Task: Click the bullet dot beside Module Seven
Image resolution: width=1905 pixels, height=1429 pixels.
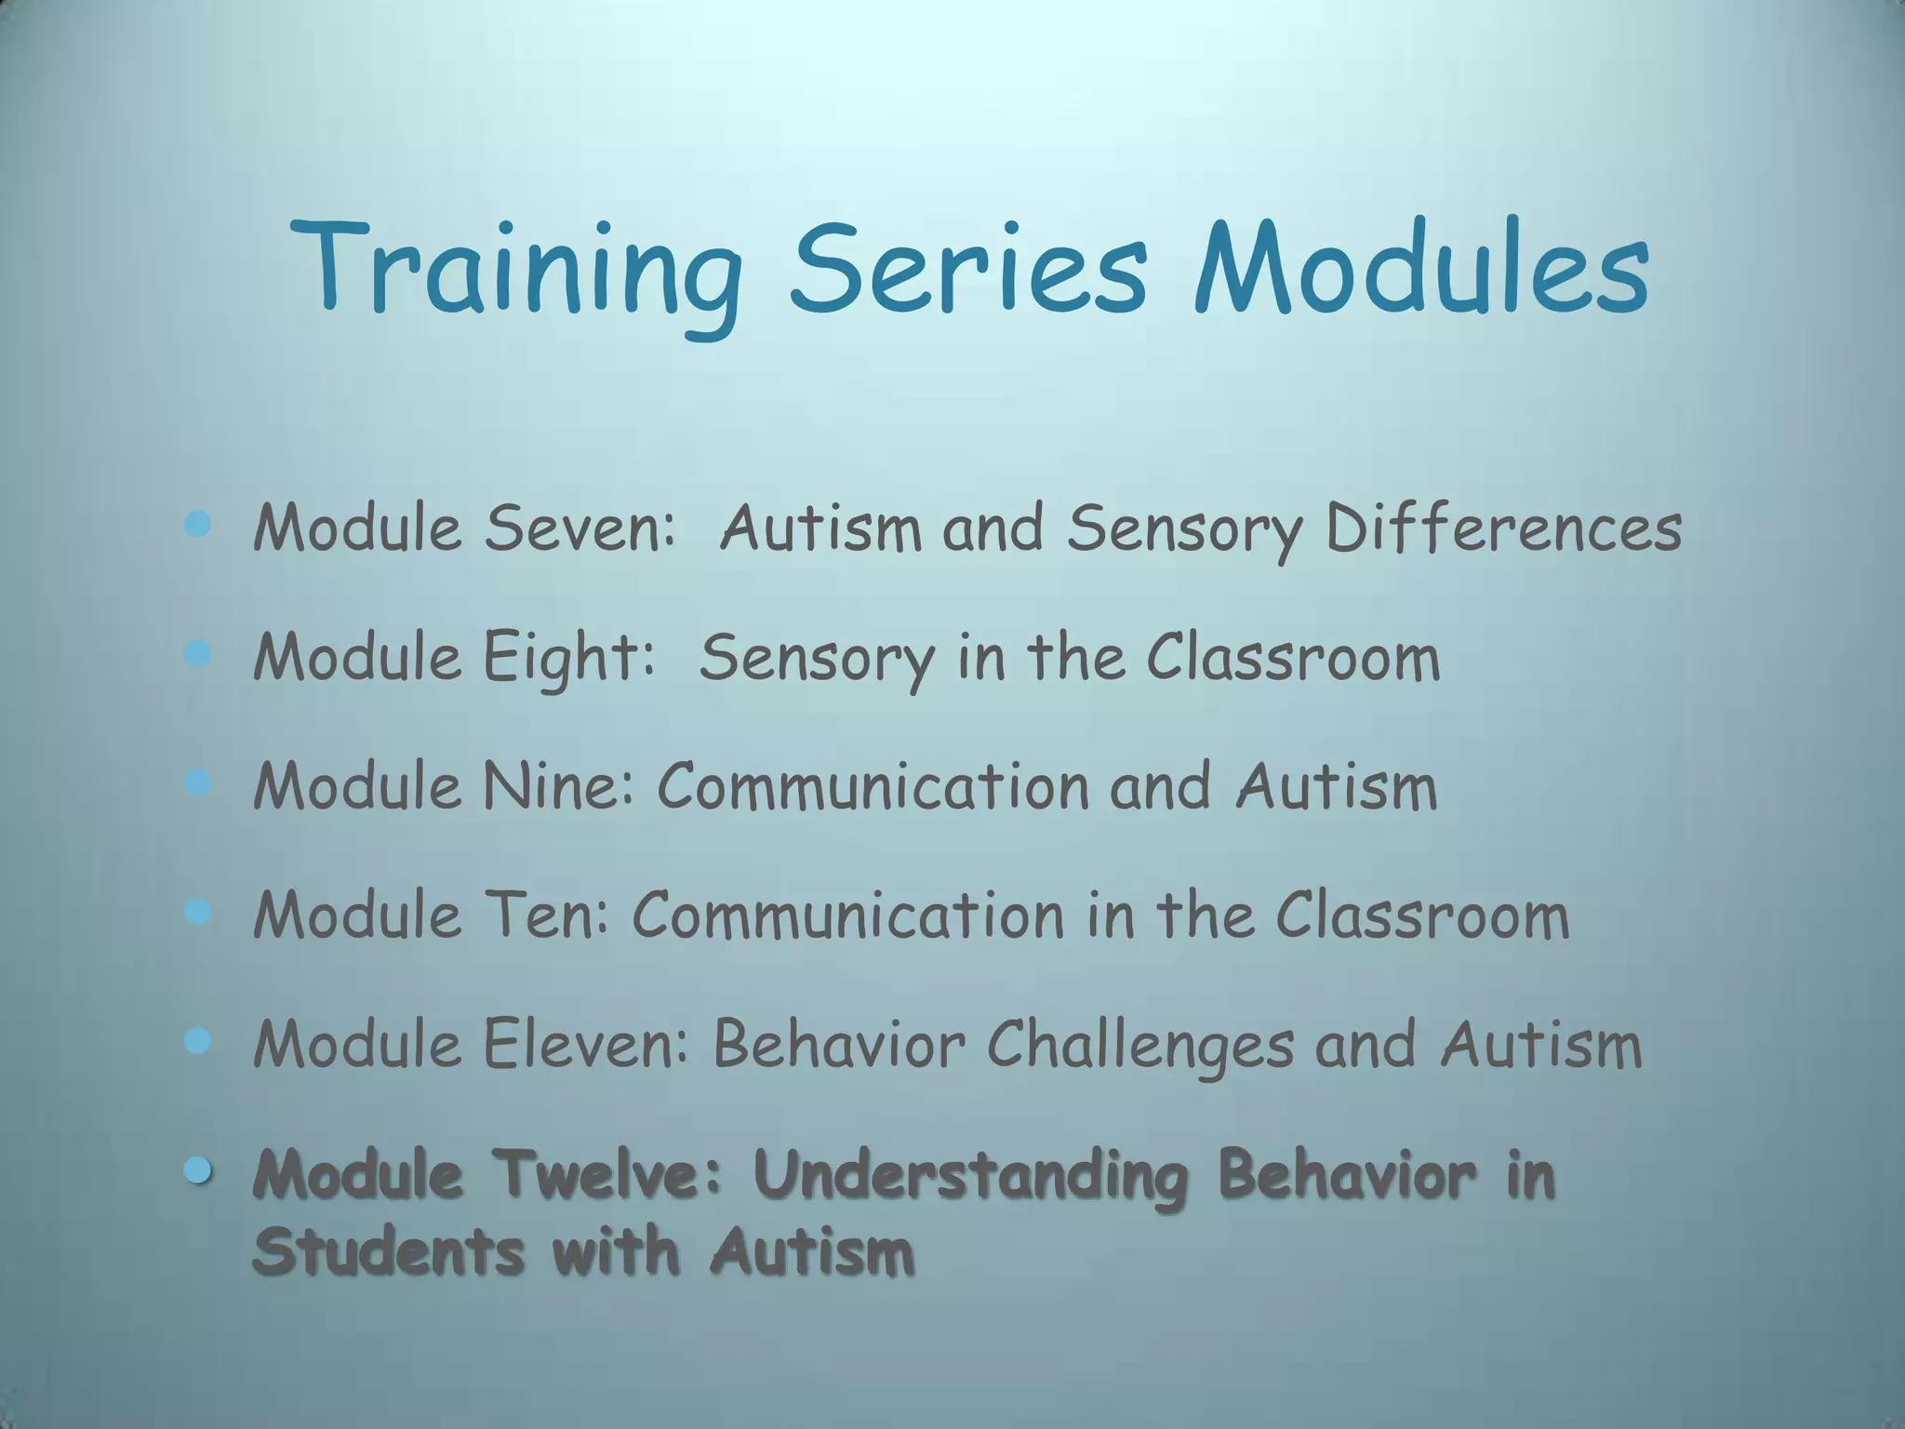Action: click(x=197, y=525)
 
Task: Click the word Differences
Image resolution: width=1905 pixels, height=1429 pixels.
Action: click(x=1503, y=528)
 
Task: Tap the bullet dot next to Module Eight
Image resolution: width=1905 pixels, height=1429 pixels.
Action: click(x=197, y=654)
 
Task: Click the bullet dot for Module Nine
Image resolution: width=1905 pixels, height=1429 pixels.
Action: click(x=197, y=783)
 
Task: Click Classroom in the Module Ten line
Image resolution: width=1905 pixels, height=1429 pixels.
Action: click(x=1422, y=915)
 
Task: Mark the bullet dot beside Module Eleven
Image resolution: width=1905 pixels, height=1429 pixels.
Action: click(x=197, y=1041)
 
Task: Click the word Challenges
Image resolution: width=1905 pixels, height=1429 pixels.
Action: click(x=1139, y=1045)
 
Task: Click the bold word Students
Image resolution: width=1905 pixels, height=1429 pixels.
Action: click(x=388, y=1251)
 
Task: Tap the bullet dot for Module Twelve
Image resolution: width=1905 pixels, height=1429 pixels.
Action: click(x=197, y=1170)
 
